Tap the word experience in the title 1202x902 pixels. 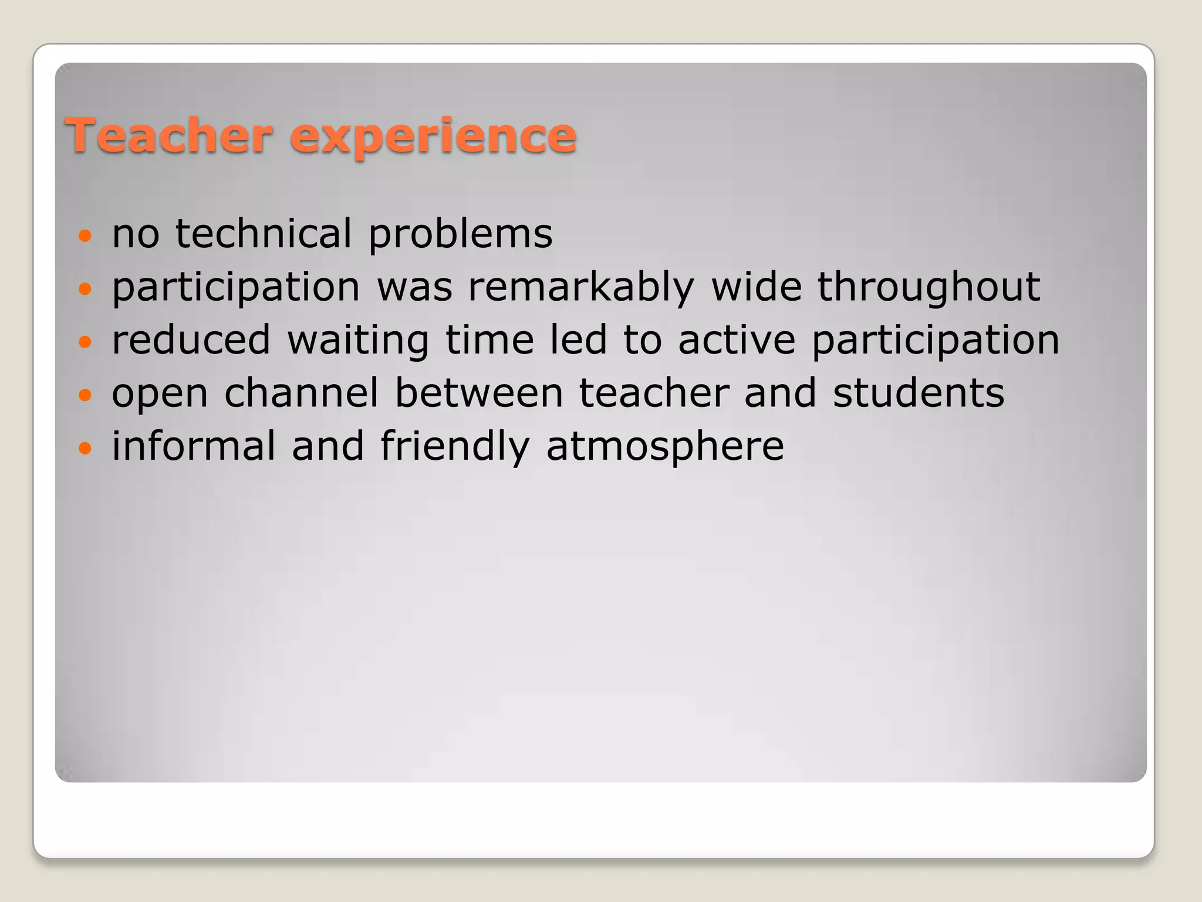(433, 136)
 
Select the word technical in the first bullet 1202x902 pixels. (263, 233)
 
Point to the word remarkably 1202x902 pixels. (580, 288)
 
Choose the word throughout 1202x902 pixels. (928, 288)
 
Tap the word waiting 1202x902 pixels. (358, 341)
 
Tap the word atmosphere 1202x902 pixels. (665, 446)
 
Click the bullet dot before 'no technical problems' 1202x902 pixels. (86, 236)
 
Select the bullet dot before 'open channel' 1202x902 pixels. (86, 395)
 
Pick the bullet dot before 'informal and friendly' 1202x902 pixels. (86, 448)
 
